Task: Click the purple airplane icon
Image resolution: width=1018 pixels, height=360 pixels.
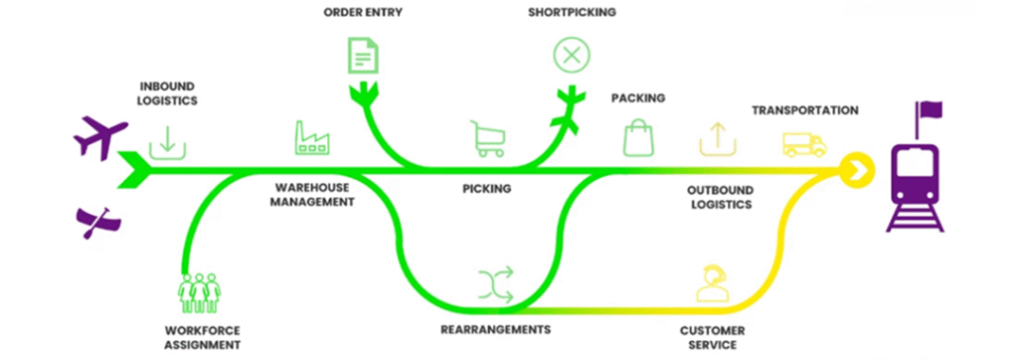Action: pyautogui.click(x=100, y=135)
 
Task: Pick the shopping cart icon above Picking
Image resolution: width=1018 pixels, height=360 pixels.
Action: pyautogui.click(x=484, y=138)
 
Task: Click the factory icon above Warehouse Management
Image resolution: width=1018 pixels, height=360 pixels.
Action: pyautogui.click(x=311, y=138)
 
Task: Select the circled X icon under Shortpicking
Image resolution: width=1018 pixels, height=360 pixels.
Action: pyautogui.click(x=571, y=55)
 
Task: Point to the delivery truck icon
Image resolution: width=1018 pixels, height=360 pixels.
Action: pyautogui.click(x=804, y=145)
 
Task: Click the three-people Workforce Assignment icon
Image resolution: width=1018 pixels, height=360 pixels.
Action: pyautogui.click(x=199, y=291)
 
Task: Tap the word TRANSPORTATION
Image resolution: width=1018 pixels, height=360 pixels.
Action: pyautogui.click(x=804, y=110)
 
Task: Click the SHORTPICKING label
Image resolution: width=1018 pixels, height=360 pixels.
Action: pyautogui.click(x=571, y=12)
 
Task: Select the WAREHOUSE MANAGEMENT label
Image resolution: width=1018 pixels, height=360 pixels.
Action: pyautogui.click(x=312, y=194)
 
